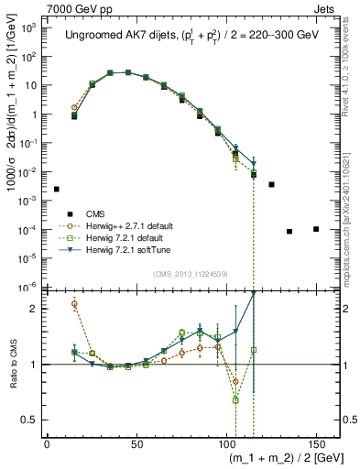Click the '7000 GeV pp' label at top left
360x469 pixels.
coord(38,7)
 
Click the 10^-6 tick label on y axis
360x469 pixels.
coord(27,287)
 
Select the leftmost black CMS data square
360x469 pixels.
coord(57,189)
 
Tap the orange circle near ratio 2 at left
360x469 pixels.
coord(74,304)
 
